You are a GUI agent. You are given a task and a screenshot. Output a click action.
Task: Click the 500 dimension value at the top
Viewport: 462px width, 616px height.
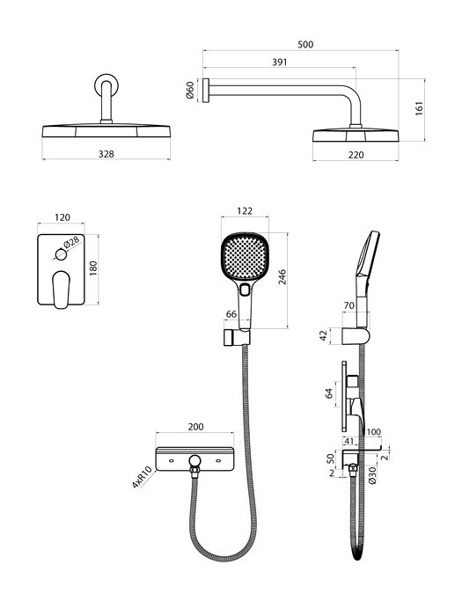[305, 44]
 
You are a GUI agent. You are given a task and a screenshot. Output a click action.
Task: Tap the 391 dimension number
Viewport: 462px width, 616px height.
[279, 62]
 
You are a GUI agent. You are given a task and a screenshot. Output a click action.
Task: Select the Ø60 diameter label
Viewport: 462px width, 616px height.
[190, 91]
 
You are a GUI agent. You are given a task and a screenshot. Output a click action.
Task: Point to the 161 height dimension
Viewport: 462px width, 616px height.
[420, 108]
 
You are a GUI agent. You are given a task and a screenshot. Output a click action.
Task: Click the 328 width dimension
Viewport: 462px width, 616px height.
[106, 154]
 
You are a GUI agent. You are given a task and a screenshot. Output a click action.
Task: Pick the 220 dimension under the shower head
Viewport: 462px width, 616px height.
[356, 155]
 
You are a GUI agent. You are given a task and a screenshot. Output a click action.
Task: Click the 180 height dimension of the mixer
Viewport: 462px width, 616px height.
[93, 268]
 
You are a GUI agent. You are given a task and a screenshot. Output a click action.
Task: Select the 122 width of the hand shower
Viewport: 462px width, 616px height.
[245, 211]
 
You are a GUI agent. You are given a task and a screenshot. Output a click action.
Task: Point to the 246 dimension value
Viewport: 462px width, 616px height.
[282, 277]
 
